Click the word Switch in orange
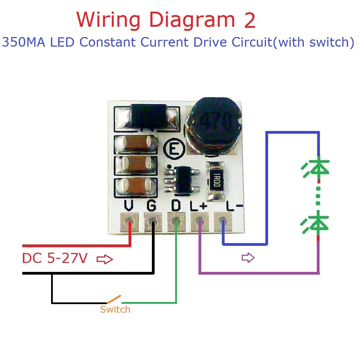[115, 310]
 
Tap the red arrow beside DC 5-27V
[105, 259]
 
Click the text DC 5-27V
[55, 259]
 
